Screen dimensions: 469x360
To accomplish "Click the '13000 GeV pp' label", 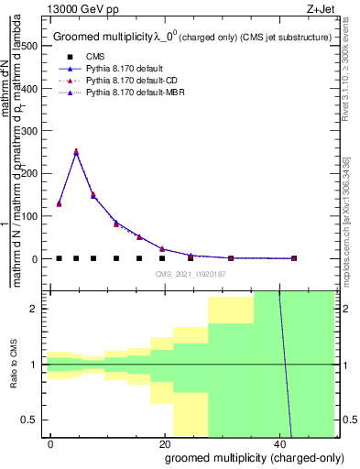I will pos(74,7).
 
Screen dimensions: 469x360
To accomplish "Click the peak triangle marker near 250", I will pos(76,152).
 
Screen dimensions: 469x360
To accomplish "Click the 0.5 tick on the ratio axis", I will pos(33,420).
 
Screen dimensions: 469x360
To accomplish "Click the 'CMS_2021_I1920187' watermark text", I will pos(191,274).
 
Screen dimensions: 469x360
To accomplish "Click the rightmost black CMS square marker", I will pos(293,258).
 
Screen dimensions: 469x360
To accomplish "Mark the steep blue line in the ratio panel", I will pos(285,366).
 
